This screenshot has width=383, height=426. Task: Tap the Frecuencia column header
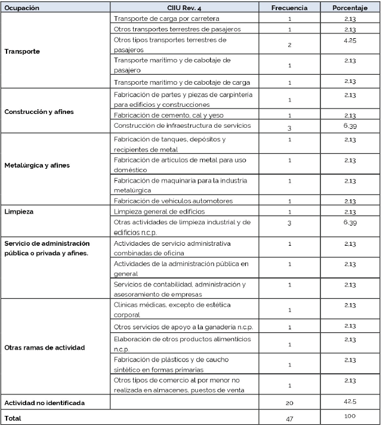(x=289, y=8)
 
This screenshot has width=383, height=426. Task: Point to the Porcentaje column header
(x=350, y=8)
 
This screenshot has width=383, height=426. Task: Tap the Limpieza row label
(x=18, y=211)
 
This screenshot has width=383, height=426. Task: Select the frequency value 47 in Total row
(x=289, y=419)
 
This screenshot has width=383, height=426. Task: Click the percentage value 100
(x=350, y=416)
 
